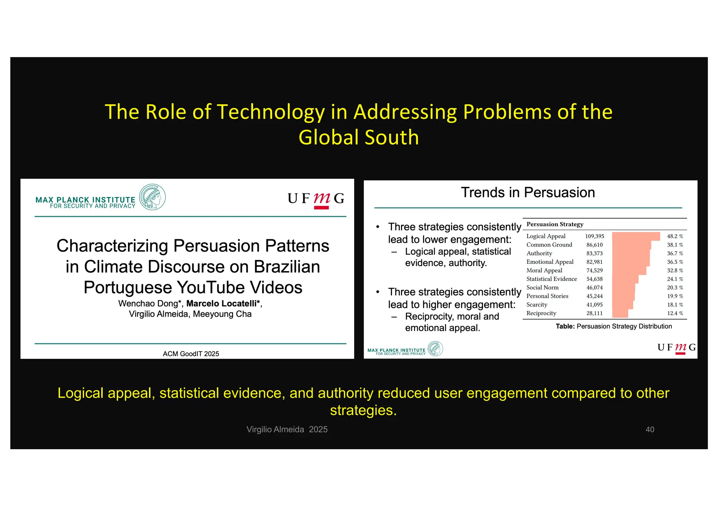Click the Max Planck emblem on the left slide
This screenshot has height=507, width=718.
152,197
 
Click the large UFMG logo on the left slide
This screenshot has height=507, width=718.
316,199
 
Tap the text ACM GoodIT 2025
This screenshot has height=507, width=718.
191,354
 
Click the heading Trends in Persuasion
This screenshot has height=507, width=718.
528,192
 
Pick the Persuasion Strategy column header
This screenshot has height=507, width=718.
555,224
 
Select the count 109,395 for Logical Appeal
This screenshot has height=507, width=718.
595,236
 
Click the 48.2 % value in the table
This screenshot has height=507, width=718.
675,236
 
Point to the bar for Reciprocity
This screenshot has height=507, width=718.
620,313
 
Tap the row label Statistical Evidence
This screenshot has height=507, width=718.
551,279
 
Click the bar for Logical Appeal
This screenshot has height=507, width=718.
636,236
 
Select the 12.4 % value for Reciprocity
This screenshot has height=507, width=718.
675,313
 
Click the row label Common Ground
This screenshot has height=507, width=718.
549,245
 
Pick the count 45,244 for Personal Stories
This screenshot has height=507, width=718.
594,296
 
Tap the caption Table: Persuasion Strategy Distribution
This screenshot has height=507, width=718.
614,326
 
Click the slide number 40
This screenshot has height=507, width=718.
650,429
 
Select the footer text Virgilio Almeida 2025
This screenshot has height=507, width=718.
287,429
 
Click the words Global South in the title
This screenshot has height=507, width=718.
359,137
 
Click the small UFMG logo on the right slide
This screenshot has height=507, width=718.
676,348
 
